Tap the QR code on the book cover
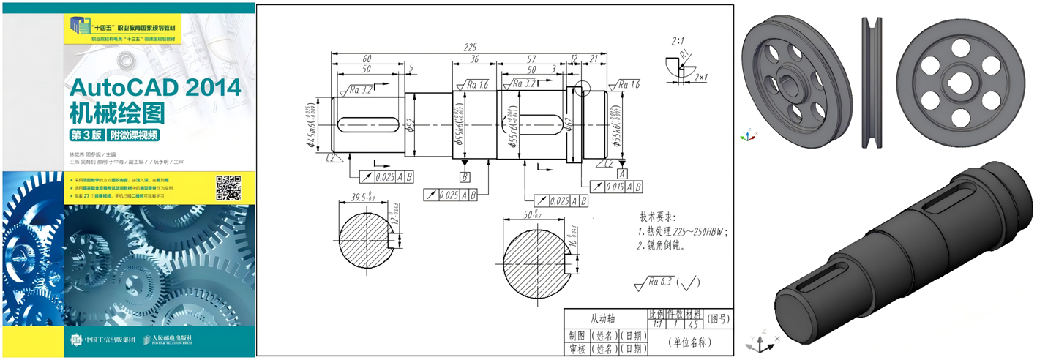pos(228,188)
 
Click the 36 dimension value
pos(474,59)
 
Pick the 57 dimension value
pos(532,59)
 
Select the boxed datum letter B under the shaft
pos(465,177)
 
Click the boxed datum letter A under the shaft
pos(622,174)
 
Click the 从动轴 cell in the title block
pos(604,319)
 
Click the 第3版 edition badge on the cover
pos(86,135)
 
